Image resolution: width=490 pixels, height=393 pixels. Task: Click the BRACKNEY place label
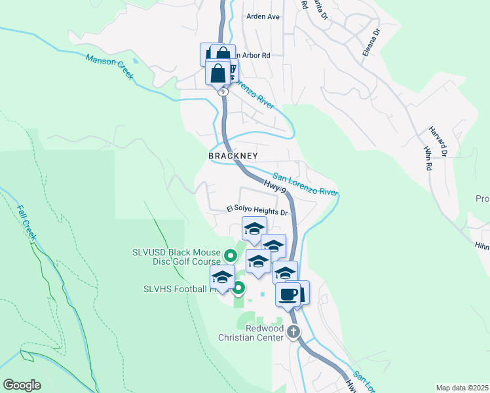(233, 156)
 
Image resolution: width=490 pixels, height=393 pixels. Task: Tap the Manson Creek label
(110, 67)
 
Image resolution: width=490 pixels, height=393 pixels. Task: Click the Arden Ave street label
(263, 16)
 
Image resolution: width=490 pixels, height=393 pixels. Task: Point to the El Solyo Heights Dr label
(257, 212)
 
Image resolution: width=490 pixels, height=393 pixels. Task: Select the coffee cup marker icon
(287, 294)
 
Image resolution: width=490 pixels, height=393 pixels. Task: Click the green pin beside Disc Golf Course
(230, 255)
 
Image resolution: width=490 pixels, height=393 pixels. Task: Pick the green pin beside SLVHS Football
(239, 288)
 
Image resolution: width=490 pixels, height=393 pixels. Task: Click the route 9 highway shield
(224, 92)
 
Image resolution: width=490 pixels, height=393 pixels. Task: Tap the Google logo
(22, 384)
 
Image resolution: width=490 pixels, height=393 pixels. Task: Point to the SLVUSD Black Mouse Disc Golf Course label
(176, 256)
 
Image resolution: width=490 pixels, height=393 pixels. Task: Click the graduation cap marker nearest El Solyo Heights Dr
(254, 229)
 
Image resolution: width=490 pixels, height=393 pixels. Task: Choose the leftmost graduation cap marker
(222, 278)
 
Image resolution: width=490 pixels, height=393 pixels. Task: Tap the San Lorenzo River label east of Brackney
(305, 185)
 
